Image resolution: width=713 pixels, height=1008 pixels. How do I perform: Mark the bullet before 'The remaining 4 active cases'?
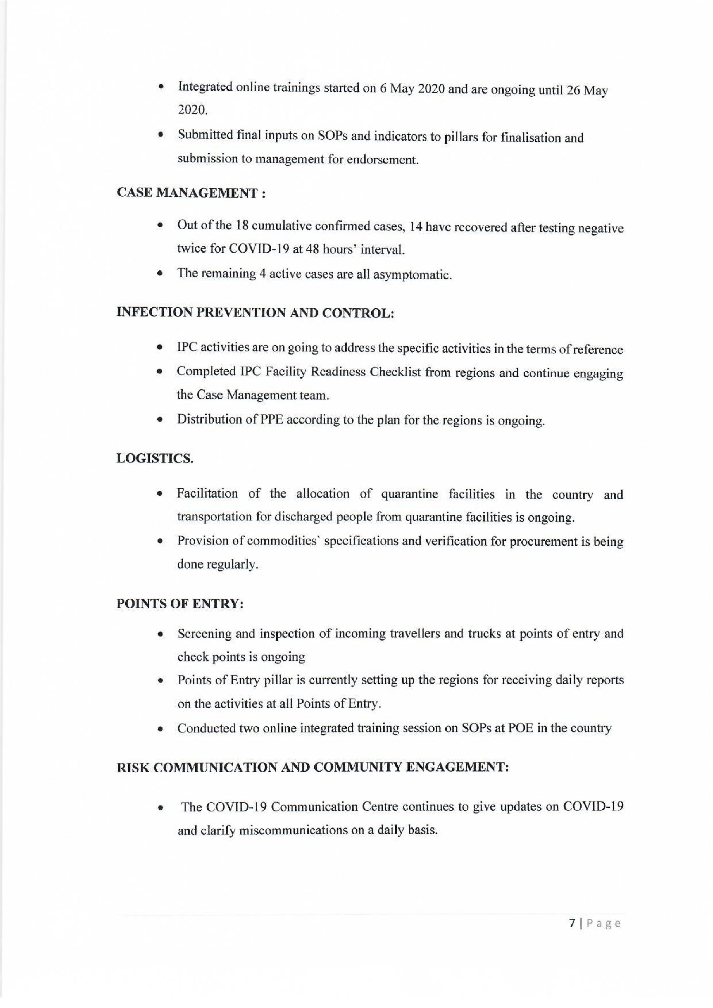(161, 274)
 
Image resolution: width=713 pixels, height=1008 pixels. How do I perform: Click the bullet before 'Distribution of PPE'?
(161, 420)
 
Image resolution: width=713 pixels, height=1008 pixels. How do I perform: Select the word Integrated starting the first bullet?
(205, 87)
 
